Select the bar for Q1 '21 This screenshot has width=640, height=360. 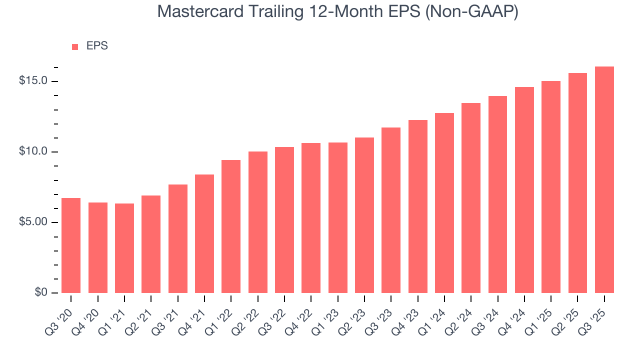tap(124, 248)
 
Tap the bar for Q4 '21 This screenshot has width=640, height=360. tap(204, 233)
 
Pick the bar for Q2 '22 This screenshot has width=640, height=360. tap(258, 222)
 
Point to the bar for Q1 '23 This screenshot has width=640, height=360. tap(338, 217)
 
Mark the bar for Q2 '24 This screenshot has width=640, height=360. tap(471, 197)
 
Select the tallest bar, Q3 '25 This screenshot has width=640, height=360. tap(604, 179)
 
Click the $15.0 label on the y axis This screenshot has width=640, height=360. tap(33, 81)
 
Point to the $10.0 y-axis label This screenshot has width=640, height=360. tap(33, 151)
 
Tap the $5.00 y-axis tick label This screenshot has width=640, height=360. tap(33, 222)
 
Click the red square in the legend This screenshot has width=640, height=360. tap(75, 46)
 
